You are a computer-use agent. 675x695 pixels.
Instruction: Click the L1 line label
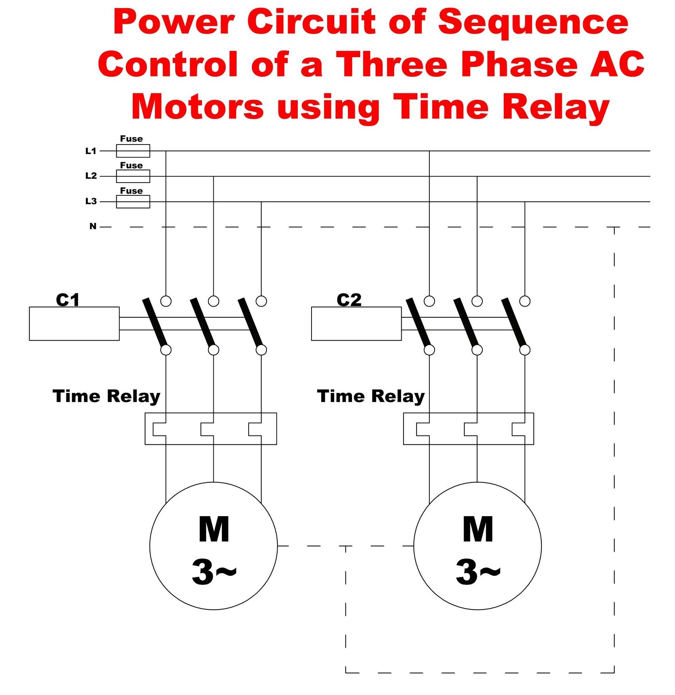pyautogui.click(x=91, y=151)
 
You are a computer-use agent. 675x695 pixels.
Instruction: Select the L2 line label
pyautogui.click(x=91, y=176)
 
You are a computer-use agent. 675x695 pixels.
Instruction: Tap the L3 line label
pyautogui.click(x=91, y=202)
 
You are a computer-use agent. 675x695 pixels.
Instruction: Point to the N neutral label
pyautogui.click(x=93, y=226)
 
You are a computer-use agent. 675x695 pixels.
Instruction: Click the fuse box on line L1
pyautogui.click(x=133, y=151)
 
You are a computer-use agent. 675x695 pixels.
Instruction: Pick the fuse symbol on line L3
pyautogui.click(x=133, y=202)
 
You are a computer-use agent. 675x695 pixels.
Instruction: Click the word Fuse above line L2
pyautogui.click(x=131, y=165)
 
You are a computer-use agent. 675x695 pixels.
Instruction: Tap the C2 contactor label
pyautogui.click(x=349, y=300)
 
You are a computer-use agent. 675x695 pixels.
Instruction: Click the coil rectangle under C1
pyautogui.click(x=74, y=323)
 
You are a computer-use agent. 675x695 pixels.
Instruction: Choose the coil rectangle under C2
pyautogui.click(x=356, y=323)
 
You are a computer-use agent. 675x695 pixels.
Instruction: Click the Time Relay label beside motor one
pyautogui.click(x=106, y=396)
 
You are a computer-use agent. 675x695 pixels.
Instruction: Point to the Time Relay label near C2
pyautogui.click(x=371, y=396)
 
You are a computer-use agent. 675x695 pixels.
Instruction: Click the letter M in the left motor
pyautogui.click(x=214, y=530)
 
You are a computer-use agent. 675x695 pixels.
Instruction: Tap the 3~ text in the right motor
pyautogui.click(x=478, y=571)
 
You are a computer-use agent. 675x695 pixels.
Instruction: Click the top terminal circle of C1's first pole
pyautogui.click(x=166, y=301)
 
